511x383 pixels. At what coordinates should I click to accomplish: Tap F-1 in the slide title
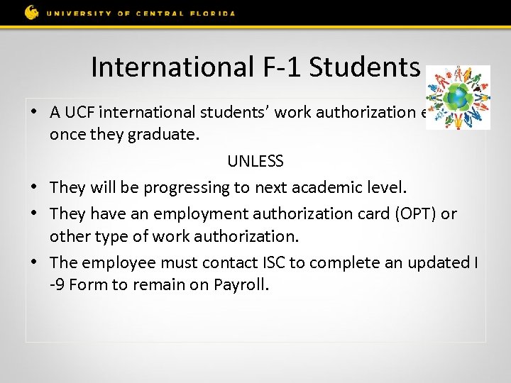click(278, 67)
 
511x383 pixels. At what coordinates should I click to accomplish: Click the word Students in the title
click(365, 67)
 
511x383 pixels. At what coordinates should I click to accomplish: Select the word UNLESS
click(255, 161)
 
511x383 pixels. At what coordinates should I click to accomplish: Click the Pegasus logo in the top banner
click(32, 12)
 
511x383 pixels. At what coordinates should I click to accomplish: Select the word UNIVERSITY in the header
click(74, 13)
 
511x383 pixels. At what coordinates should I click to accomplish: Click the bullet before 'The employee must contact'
click(33, 262)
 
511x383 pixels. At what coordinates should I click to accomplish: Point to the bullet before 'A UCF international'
click(33, 111)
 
